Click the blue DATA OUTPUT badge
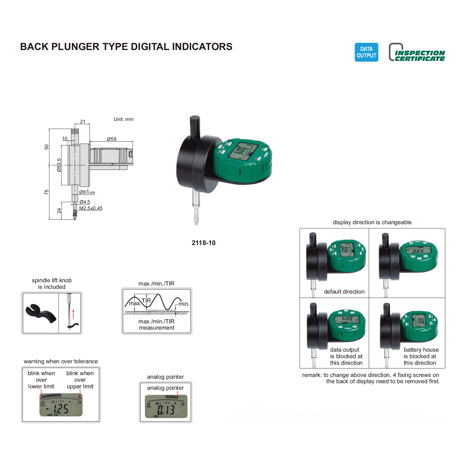366,52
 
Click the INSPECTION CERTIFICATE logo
417,53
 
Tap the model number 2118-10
203,243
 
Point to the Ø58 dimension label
112,139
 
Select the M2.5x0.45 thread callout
91,208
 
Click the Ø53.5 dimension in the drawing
59,165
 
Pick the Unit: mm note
124,119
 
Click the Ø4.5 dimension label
85,202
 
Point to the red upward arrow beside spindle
73,314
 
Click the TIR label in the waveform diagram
146,300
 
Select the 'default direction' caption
344,292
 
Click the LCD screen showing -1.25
61,405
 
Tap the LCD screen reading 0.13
166,406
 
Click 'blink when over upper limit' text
80,380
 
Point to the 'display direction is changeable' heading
372,222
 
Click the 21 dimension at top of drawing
82,121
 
